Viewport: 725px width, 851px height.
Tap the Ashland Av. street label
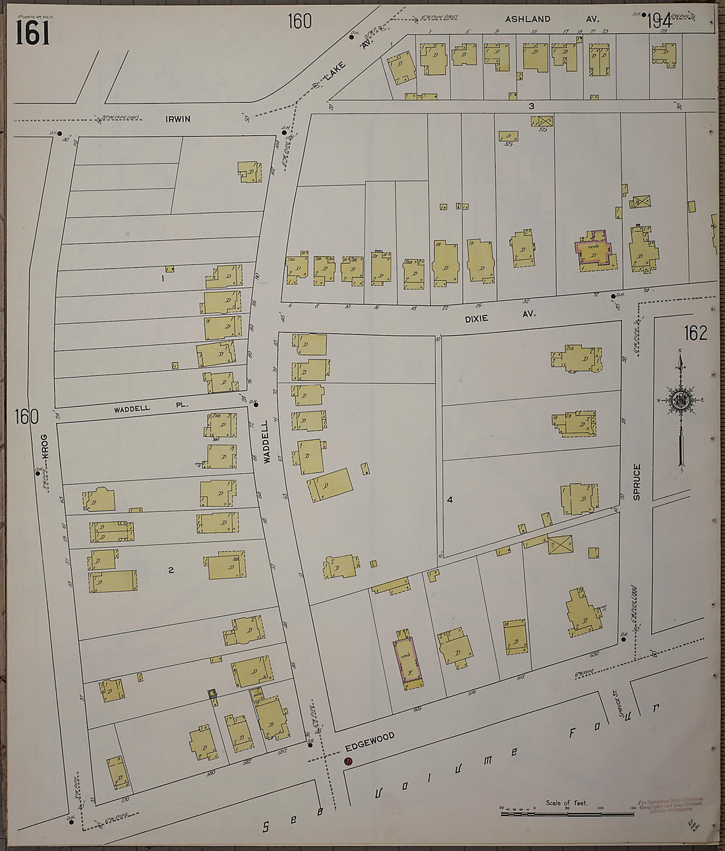pyautogui.click(x=527, y=19)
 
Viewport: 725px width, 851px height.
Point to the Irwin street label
pyautogui.click(x=178, y=119)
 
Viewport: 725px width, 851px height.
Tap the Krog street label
pyautogui.click(x=45, y=447)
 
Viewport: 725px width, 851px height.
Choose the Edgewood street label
pyautogui.click(x=370, y=743)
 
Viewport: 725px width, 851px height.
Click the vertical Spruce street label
pyautogui.click(x=637, y=482)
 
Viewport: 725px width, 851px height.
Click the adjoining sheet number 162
pyautogui.click(x=695, y=333)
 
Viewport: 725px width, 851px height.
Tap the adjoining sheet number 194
pyautogui.click(x=658, y=22)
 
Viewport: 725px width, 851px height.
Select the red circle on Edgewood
pyautogui.click(x=348, y=761)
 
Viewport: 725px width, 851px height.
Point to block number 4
pyautogui.click(x=449, y=500)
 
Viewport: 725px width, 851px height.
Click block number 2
pyautogui.click(x=171, y=571)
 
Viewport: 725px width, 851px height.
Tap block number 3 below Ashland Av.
pyautogui.click(x=530, y=106)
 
